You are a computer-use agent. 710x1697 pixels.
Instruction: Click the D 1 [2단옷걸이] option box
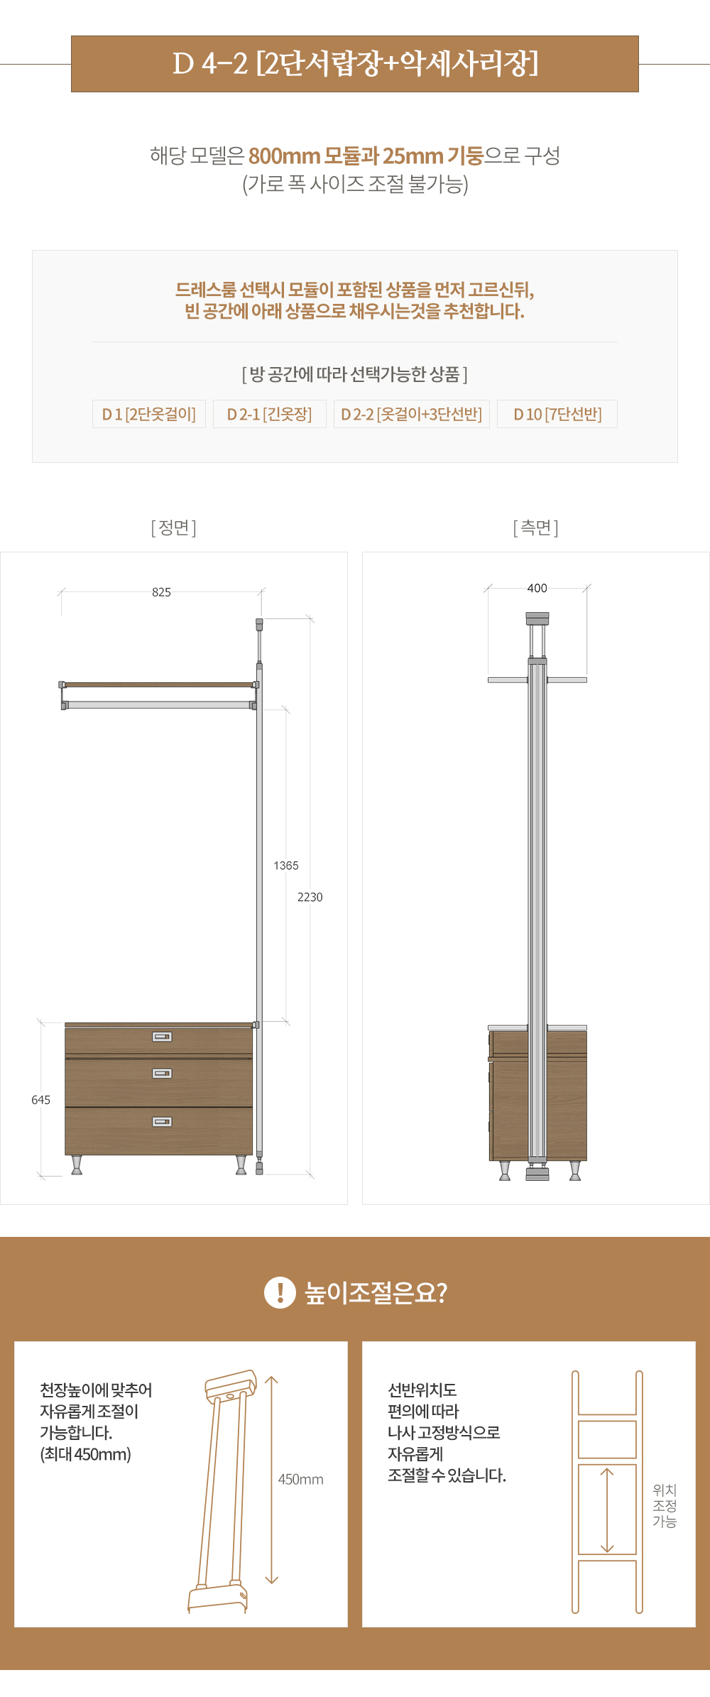point(149,414)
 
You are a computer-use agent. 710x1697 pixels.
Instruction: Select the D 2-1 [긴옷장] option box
point(270,414)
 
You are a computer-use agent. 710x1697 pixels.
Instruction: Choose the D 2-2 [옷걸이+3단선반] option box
point(412,414)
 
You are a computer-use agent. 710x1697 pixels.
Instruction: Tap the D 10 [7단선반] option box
point(557,414)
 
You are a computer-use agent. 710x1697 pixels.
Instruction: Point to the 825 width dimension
point(161,592)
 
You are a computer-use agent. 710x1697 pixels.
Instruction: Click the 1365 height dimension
point(286,866)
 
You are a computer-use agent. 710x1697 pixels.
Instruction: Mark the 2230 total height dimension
point(310,897)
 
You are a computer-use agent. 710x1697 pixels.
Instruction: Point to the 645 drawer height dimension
point(40,1100)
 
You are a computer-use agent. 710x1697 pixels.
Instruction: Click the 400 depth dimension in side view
point(537,588)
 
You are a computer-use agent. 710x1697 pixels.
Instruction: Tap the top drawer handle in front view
point(162,1037)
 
